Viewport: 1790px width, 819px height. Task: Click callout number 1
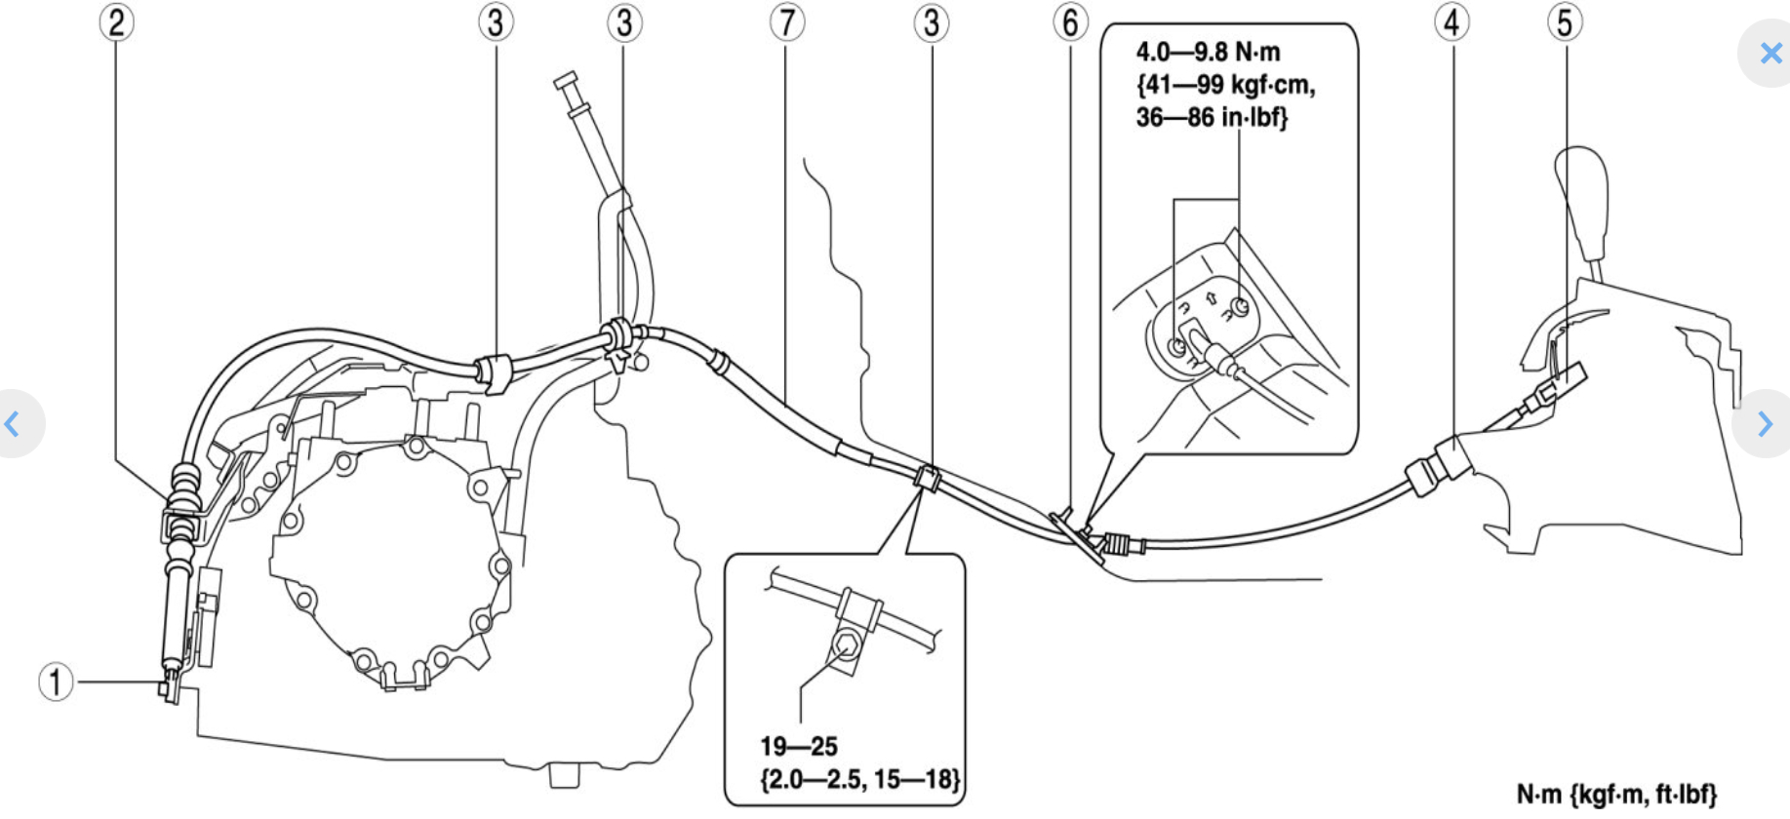pyautogui.click(x=56, y=682)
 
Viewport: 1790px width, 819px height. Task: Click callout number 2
pyautogui.click(x=116, y=21)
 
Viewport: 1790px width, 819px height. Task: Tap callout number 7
pyautogui.click(x=786, y=21)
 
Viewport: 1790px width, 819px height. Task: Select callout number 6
pyautogui.click(x=1070, y=21)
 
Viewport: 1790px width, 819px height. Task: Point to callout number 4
pyautogui.click(x=1452, y=21)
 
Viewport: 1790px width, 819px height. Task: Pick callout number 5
pyautogui.click(x=1565, y=21)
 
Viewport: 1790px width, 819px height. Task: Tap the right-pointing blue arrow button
pyautogui.click(x=1765, y=423)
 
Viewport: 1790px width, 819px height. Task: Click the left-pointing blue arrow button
pyautogui.click(x=13, y=423)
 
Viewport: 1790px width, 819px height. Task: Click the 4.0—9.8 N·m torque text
pyautogui.click(x=1208, y=53)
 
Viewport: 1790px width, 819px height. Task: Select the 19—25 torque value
pyautogui.click(x=798, y=747)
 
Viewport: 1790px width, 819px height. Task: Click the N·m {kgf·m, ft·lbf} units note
pyautogui.click(x=1615, y=795)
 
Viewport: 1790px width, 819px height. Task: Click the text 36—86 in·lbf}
pyautogui.click(x=1212, y=118)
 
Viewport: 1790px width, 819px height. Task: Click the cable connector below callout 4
pyautogui.click(x=1437, y=466)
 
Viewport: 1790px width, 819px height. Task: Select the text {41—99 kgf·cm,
pyautogui.click(x=1225, y=86)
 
